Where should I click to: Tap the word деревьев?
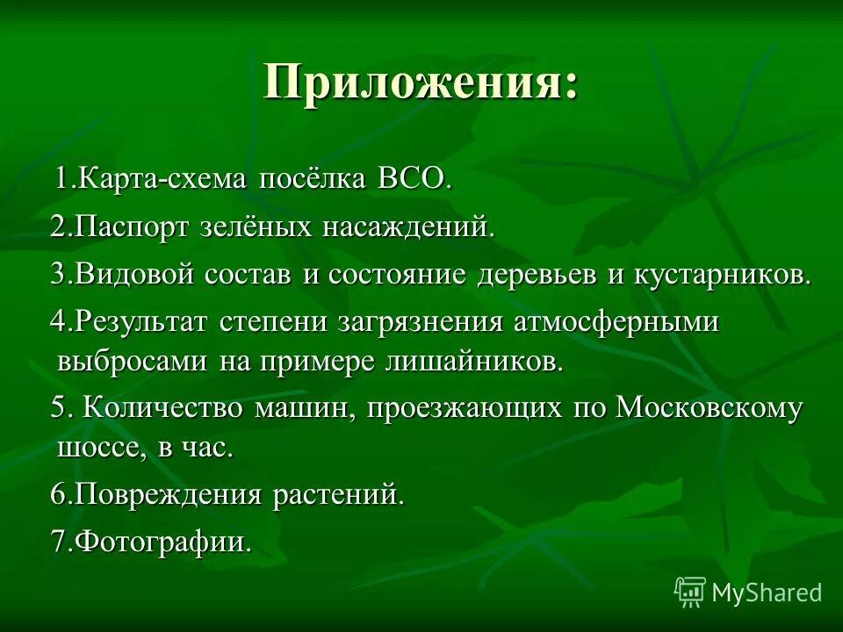pyautogui.click(x=538, y=275)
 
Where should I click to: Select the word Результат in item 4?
pyautogui.click(x=141, y=322)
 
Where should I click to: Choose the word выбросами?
pyautogui.click(x=132, y=361)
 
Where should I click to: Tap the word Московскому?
pyautogui.click(x=710, y=409)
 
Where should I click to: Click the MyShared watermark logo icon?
pyautogui.click(x=690, y=592)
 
